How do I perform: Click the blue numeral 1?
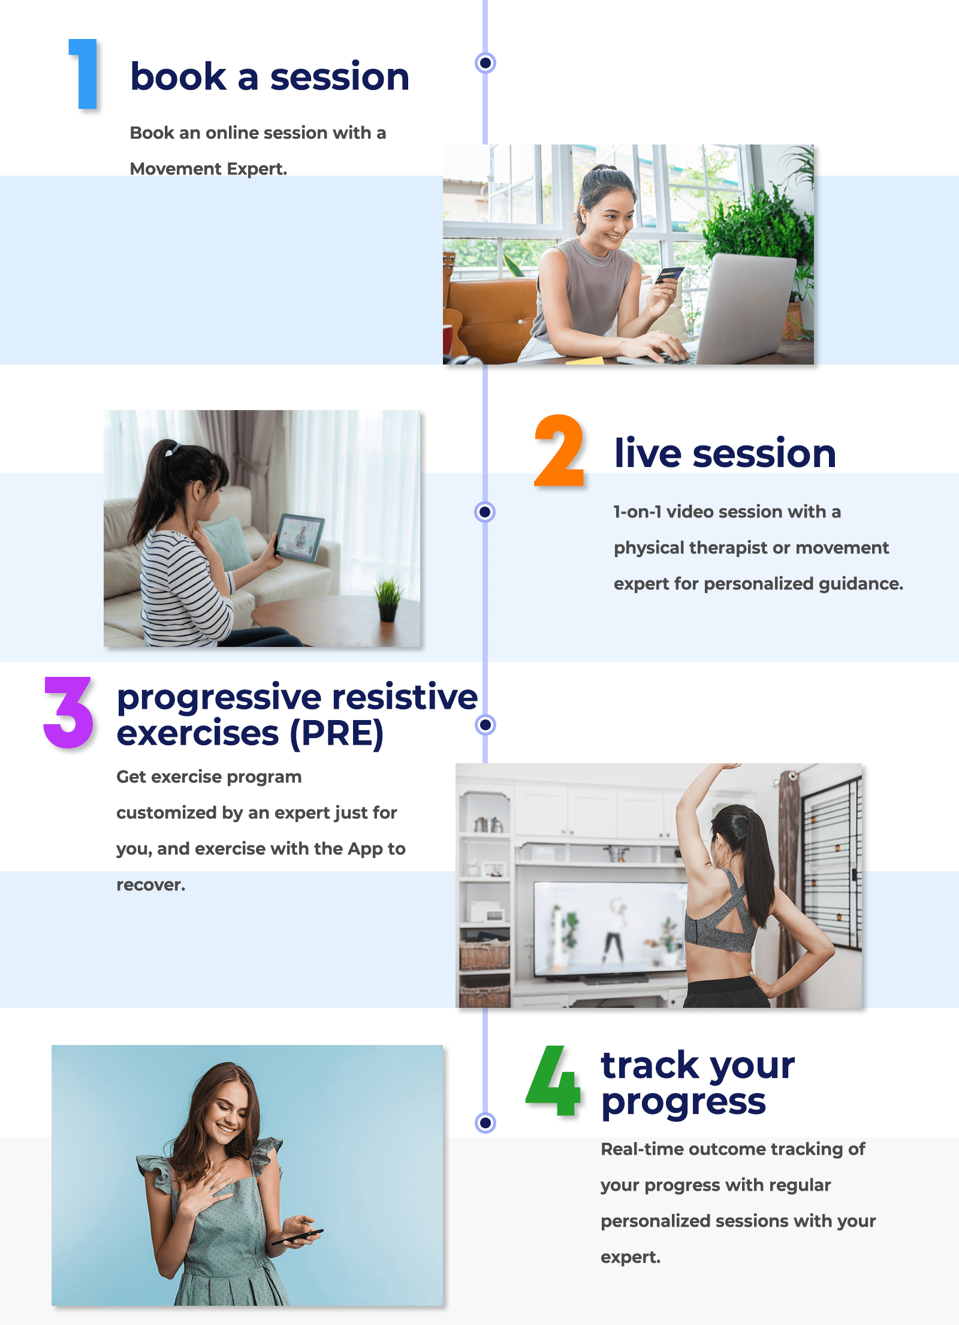(86, 74)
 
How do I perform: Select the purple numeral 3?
(68, 712)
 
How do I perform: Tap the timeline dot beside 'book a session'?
(485, 62)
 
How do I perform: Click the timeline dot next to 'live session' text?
(485, 512)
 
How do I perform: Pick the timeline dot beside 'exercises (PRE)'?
(485, 724)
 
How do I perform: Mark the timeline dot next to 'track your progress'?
(485, 1122)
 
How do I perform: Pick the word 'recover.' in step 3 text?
(151, 885)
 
